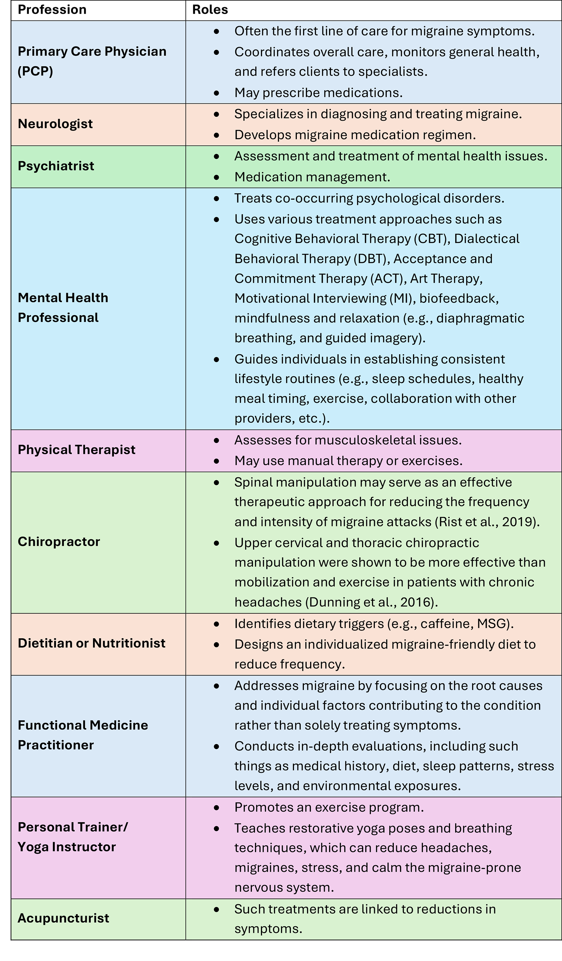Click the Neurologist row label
(55, 124)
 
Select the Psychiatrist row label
(55, 166)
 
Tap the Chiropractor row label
(59, 542)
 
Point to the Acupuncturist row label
(63, 918)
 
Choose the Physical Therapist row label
(76, 450)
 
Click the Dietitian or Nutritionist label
(91, 643)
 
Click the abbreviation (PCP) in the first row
(35, 71)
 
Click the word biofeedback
(459, 298)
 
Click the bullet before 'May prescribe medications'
(216, 93)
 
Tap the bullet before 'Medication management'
(216, 177)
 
